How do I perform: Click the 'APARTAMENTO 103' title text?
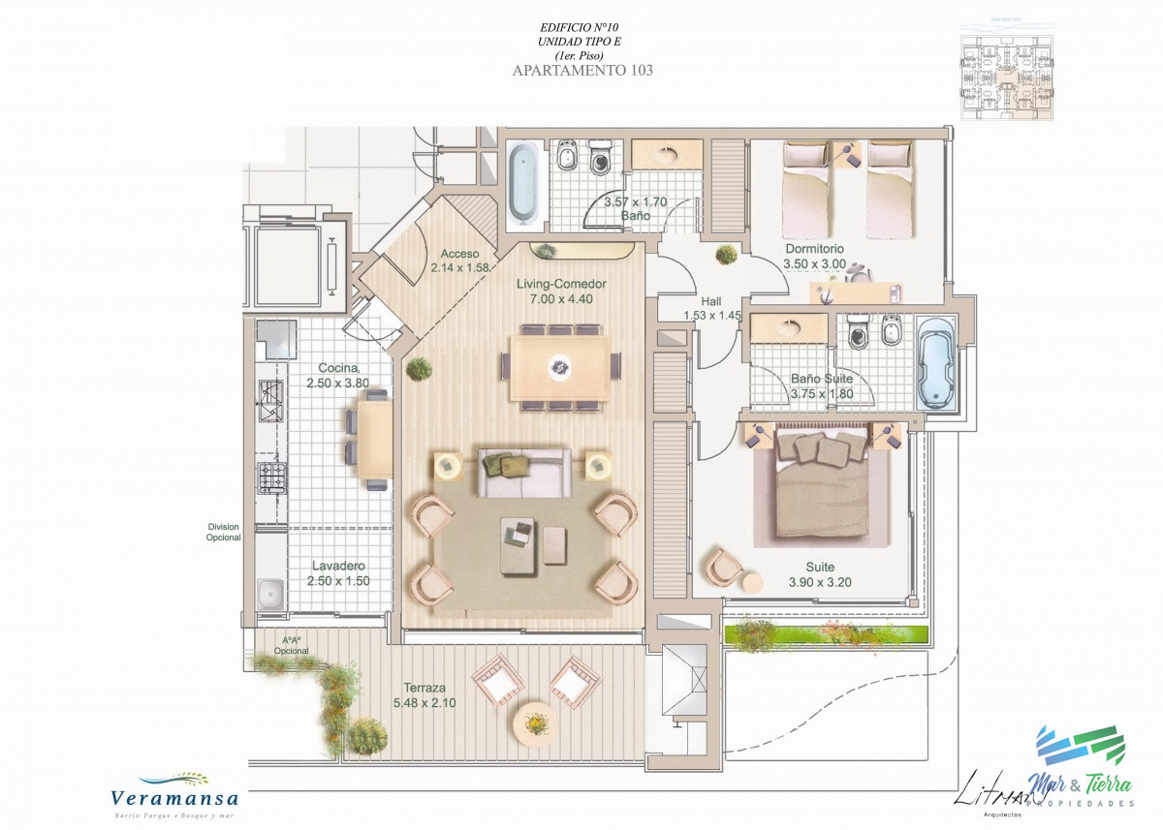click(581, 70)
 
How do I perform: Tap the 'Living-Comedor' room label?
click(561, 284)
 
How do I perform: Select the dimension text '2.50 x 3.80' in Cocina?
click(338, 384)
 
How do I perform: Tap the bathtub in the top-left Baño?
click(522, 181)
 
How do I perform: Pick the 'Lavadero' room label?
click(338, 566)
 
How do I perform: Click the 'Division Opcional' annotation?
click(223, 532)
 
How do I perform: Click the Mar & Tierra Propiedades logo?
click(1076, 765)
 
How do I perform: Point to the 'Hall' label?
click(711, 301)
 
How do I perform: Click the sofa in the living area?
click(523, 471)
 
